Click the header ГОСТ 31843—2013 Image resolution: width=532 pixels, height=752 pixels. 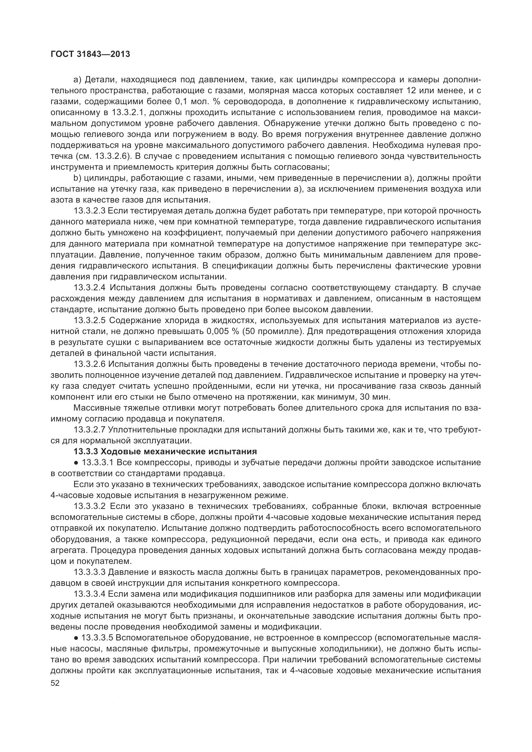pyautogui.click(x=90, y=54)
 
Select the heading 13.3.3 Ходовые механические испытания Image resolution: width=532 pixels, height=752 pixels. pyautogui.click(x=165, y=451)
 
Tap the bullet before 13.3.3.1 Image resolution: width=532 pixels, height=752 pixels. pyautogui.click(x=76, y=463)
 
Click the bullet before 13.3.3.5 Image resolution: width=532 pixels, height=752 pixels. pyautogui.click(x=76, y=638)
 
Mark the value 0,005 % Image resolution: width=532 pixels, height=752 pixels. pyautogui.click(x=223, y=331)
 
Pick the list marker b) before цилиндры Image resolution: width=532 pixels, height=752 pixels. pyautogui.click(x=77, y=178)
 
